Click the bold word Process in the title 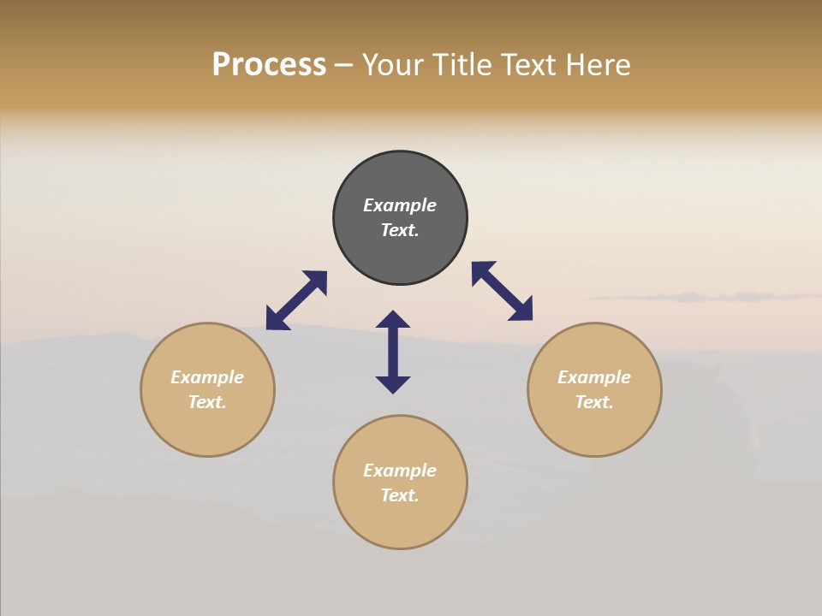[x=269, y=65]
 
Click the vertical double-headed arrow [x=393, y=352]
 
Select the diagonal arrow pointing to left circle [x=296, y=300]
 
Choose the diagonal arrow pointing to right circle [x=503, y=291]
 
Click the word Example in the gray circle [x=400, y=205]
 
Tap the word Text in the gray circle [x=400, y=230]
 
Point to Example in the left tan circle [x=207, y=377]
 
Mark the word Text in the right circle [x=594, y=402]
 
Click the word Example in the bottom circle [x=400, y=471]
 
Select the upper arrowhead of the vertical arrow [x=393, y=319]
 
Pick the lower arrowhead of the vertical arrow [x=393, y=384]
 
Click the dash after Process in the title [x=343, y=66]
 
